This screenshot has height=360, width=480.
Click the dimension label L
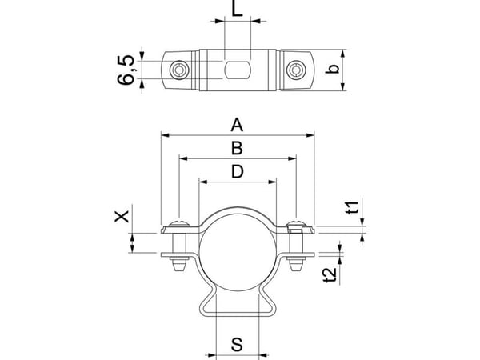pyautogui.click(x=238, y=9)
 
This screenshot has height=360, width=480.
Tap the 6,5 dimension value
pyautogui.click(x=126, y=70)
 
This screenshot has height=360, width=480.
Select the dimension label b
pyautogui.click(x=333, y=69)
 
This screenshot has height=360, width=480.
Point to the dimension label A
pyautogui.click(x=237, y=126)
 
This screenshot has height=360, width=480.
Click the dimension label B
pyautogui.click(x=237, y=148)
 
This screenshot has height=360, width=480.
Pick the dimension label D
pyautogui.click(x=238, y=171)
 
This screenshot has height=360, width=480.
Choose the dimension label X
pyautogui.click(x=122, y=217)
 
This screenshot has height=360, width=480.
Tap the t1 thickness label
pyautogui.click(x=353, y=208)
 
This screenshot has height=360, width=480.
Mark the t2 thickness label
pyautogui.click(x=330, y=275)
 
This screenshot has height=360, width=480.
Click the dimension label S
pyautogui.click(x=237, y=344)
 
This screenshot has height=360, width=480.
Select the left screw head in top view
pyautogui.click(x=179, y=70)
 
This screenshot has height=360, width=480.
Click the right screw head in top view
pyautogui.click(x=296, y=70)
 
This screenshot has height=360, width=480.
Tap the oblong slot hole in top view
pyautogui.click(x=238, y=70)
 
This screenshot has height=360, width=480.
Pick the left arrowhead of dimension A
pyautogui.click(x=165, y=135)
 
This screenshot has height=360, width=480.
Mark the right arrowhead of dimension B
pyautogui.click(x=292, y=158)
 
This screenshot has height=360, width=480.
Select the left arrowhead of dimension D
pyautogui.click(x=203, y=182)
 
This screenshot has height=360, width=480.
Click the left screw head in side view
pyautogui.click(x=179, y=223)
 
